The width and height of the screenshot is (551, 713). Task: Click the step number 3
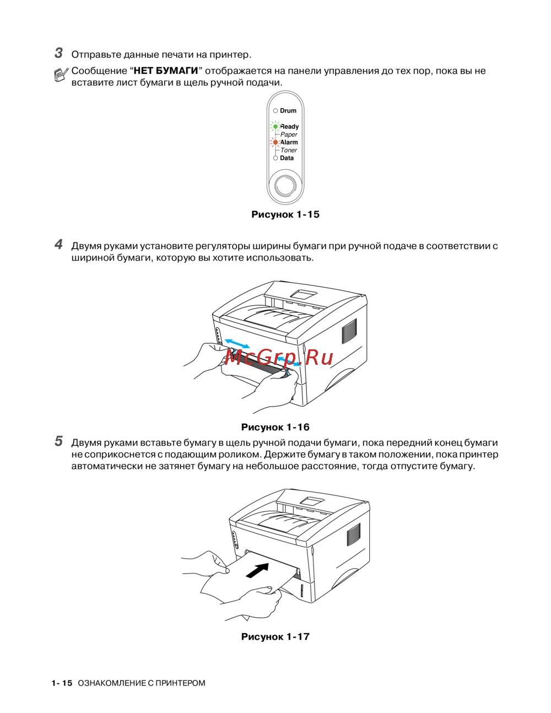pyautogui.click(x=58, y=53)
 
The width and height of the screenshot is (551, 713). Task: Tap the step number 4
pyautogui.click(x=58, y=245)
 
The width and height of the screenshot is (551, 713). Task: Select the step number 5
pyautogui.click(x=58, y=441)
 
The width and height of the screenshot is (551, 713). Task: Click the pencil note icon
pyautogui.click(x=61, y=75)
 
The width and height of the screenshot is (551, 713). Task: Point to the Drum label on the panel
pyautogui.click(x=288, y=111)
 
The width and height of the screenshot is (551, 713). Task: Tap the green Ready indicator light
pyautogui.click(x=275, y=127)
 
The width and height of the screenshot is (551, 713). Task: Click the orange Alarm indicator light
pyautogui.click(x=275, y=142)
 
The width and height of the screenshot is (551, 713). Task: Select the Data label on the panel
pyautogui.click(x=287, y=158)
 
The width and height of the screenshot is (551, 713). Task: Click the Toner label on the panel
pyautogui.click(x=289, y=150)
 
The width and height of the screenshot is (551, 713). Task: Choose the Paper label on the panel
pyautogui.click(x=289, y=134)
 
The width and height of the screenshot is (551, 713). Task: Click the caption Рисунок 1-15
pyautogui.click(x=285, y=214)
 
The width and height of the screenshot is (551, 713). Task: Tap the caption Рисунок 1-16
pyautogui.click(x=275, y=427)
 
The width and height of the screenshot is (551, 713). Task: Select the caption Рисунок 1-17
pyautogui.click(x=275, y=636)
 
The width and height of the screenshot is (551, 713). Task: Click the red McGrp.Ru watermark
pyautogui.click(x=279, y=358)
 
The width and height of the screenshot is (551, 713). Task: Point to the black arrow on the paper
pyautogui.click(x=257, y=570)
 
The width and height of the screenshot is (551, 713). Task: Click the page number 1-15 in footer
pyautogui.click(x=62, y=683)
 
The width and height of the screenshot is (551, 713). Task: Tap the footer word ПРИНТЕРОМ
pyautogui.click(x=180, y=683)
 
